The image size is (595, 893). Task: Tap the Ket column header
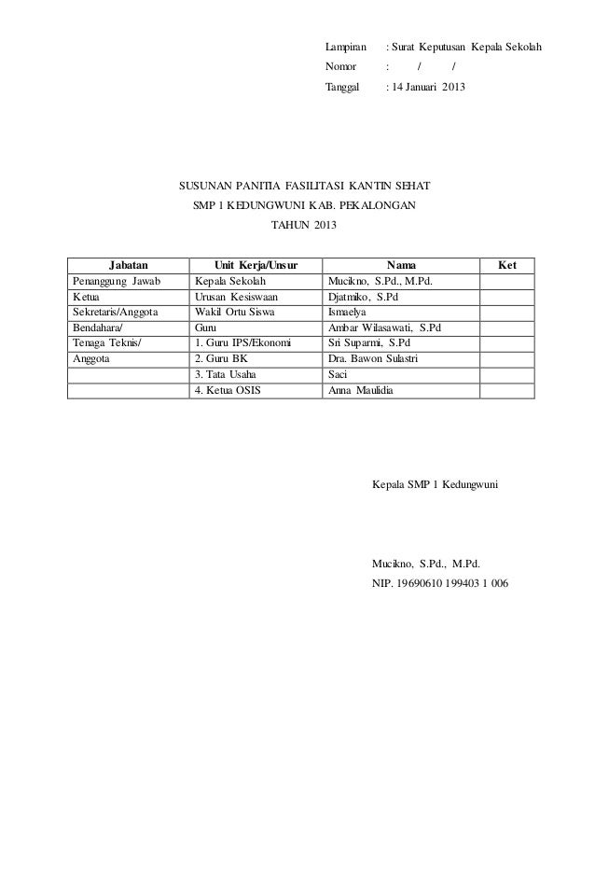coord(507,265)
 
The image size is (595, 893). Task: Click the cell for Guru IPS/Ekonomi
coord(242,344)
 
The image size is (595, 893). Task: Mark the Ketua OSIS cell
coord(228,392)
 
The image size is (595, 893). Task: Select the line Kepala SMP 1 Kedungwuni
coord(436,486)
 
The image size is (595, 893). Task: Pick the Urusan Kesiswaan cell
coord(237,297)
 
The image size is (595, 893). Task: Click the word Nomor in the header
coord(340,67)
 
